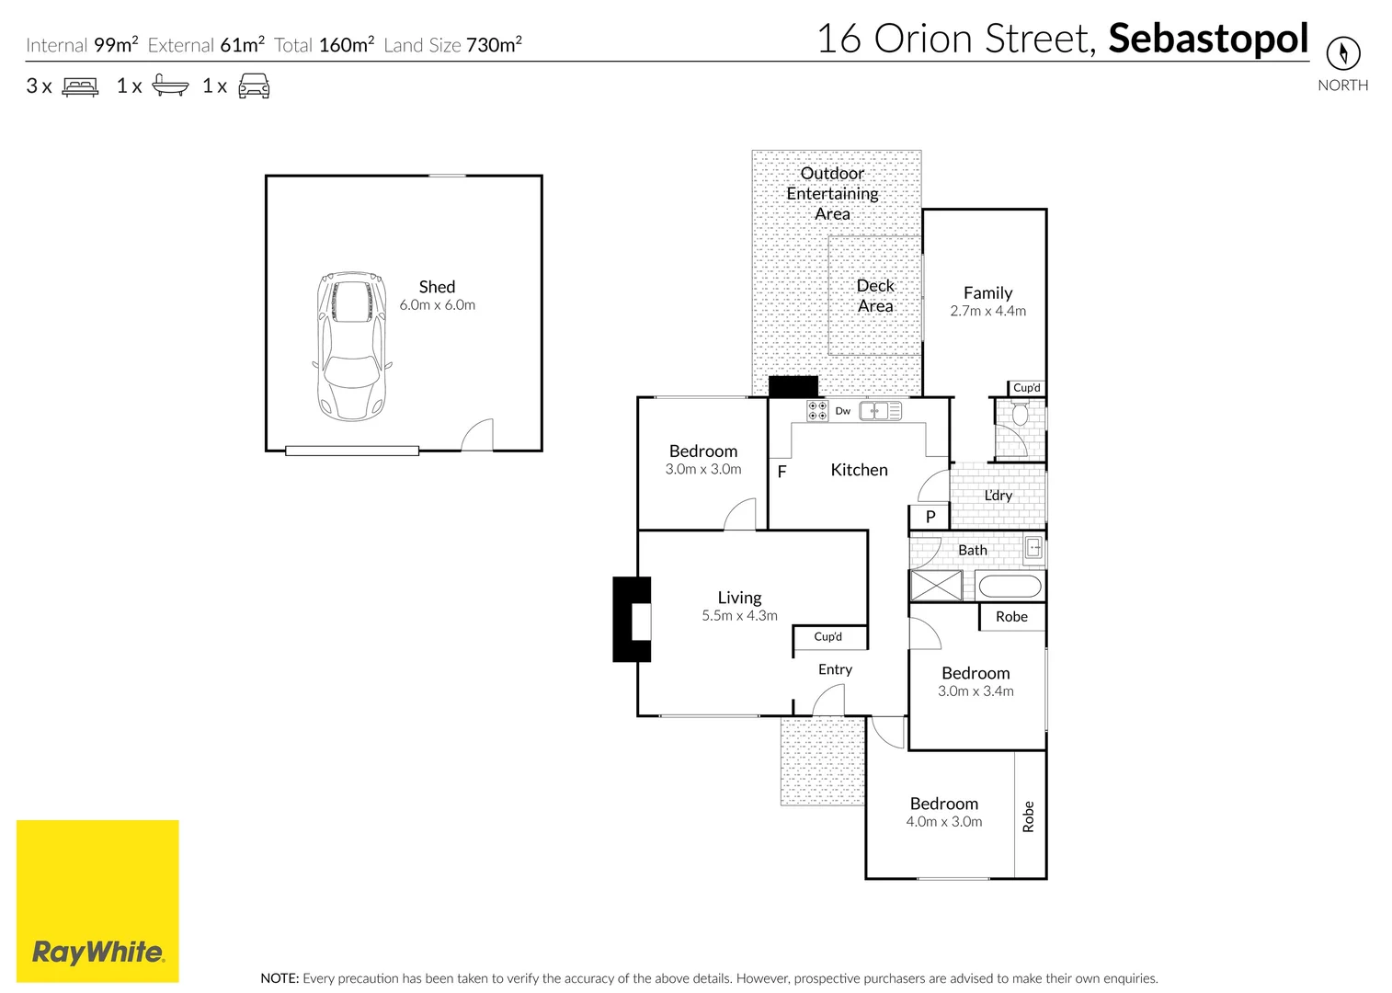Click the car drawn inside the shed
click(x=350, y=346)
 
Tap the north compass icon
click(x=1342, y=52)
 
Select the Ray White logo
click(x=97, y=901)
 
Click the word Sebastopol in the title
click(x=1208, y=39)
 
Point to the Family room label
click(x=987, y=293)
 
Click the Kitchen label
click(x=859, y=470)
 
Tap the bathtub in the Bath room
click(x=1009, y=586)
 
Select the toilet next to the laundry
click(x=1020, y=416)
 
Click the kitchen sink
click(x=879, y=411)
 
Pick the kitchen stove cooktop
click(x=816, y=411)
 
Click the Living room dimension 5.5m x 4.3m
click(x=739, y=616)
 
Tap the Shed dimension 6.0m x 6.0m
click(x=437, y=305)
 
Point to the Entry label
click(x=835, y=669)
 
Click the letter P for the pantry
click(x=930, y=517)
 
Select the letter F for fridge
click(x=782, y=472)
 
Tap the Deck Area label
click(x=875, y=296)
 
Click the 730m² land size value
click(x=494, y=45)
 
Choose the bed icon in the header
click(x=80, y=87)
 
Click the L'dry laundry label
click(x=998, y=496)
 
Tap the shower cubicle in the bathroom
click(x=936, y=586)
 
